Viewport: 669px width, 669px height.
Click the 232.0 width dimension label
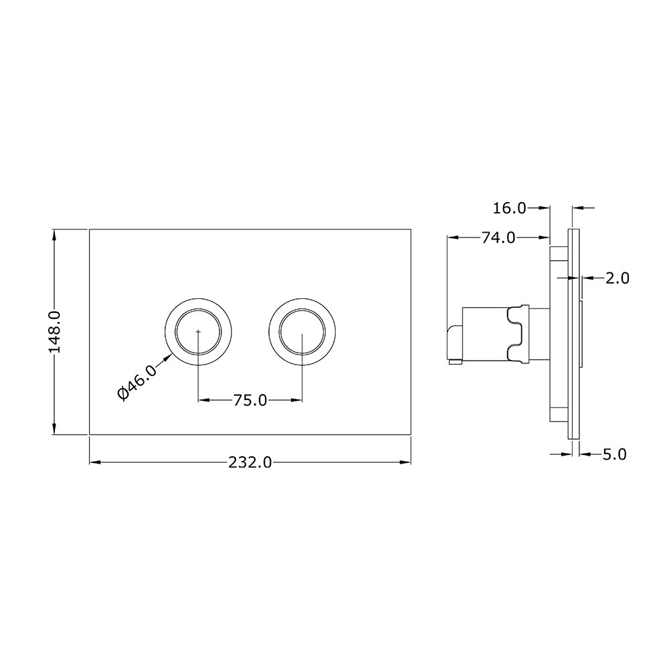250,462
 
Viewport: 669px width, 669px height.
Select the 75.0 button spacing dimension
250,400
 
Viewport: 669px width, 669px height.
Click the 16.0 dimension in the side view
509,208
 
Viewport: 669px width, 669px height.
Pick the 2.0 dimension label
617,278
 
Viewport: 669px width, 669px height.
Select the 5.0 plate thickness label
613,454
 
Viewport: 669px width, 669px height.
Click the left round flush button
198,331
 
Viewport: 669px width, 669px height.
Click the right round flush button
302,331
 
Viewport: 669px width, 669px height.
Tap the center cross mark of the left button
198,331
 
